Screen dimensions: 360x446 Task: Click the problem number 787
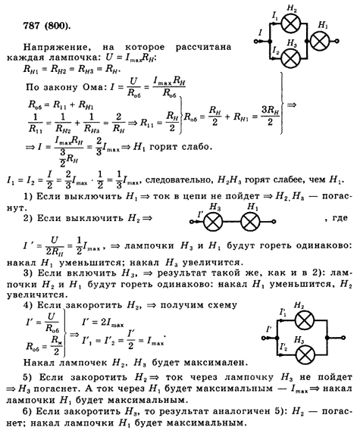(32, 27)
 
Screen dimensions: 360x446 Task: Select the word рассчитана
(203, 47)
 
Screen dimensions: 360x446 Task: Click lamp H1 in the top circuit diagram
(320, 41)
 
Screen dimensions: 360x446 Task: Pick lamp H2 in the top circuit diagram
(291, 23)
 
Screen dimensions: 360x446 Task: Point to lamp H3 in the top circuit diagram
(291, 58)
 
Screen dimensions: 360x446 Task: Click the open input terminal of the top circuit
(255, 42)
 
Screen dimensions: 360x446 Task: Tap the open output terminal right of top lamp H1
(337, 41)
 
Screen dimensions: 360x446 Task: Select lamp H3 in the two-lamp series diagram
(213, 222)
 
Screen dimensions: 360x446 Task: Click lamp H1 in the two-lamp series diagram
(250, 222)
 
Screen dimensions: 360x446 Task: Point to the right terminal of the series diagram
(274, 222)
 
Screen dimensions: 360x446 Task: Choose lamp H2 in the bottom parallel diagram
(305, 320)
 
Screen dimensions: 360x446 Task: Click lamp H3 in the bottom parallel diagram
(305, 355)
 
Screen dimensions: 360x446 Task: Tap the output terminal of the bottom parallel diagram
(343, 338)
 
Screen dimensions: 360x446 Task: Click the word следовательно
(178, 181)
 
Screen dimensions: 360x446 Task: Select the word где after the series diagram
(340, 218)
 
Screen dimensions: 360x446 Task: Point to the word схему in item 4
(222, 305)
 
